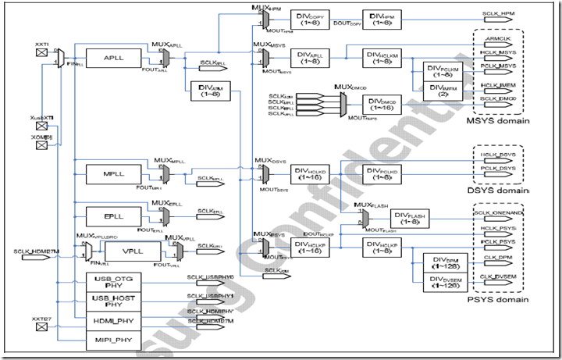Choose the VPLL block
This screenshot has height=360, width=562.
coord(130,251)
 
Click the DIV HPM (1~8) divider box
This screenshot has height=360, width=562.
coord(382,20)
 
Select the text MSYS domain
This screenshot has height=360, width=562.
coord(496,120)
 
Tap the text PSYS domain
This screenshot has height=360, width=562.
coord(496,300)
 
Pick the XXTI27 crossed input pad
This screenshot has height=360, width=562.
coord(42,330)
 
